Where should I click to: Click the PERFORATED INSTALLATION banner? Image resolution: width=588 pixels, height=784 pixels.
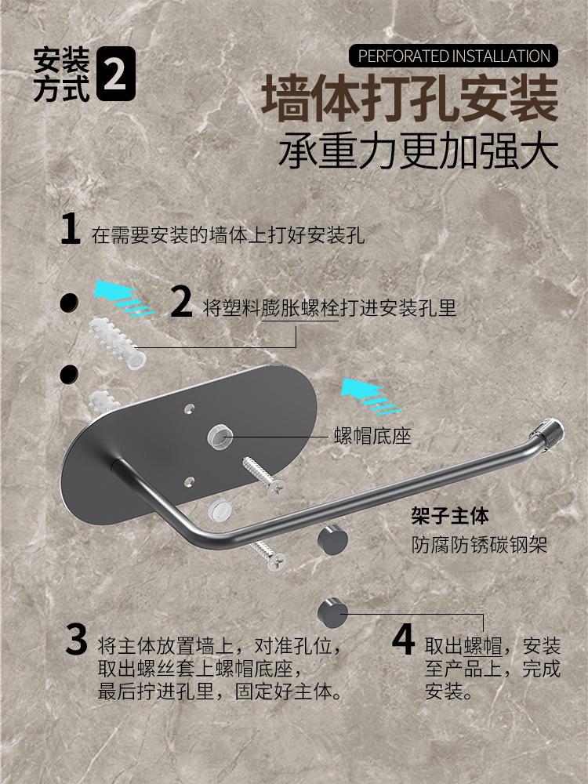tap(453, 56)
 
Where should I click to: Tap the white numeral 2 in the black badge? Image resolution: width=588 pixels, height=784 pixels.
tap(114, 74)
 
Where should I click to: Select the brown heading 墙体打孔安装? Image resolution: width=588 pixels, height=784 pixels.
tap(409, 99)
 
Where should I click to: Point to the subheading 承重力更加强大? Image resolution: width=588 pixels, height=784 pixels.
tap(418, 150)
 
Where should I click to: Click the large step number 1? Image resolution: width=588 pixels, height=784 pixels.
tap(70, 229)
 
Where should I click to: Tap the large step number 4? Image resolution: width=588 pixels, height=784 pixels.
tap(403, 640)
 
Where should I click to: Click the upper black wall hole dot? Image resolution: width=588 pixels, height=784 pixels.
tap(69, 303)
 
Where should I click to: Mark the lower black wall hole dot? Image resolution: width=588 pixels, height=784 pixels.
tap(69, 375)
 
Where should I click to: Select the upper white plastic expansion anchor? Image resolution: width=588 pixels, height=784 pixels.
tap(117, 343)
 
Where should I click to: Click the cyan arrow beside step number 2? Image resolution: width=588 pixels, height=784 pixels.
tap(123, 298)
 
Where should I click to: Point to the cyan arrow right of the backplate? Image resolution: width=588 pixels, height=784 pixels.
tap(371, 396)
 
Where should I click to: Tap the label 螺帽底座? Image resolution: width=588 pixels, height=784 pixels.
tap(372, 437)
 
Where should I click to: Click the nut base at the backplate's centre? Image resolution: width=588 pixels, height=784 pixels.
tap(220, 436)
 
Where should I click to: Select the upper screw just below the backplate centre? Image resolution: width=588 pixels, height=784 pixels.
tap(264, 476)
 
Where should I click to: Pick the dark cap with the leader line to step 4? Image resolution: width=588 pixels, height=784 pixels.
tap(332, 613)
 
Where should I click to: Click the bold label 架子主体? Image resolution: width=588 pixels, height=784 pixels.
tap(450, 516)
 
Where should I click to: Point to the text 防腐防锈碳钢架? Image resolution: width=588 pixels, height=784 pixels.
tap(479, 545)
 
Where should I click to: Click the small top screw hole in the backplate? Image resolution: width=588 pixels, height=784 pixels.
tap(189, 409)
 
